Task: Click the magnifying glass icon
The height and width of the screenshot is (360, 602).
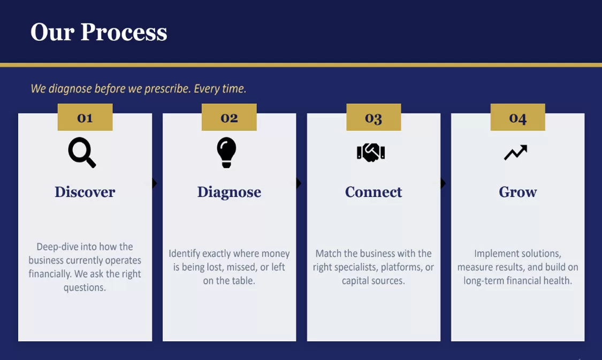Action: pyautogui.click(x=81, y=152)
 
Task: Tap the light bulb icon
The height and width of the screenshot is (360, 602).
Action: pyautogui.click(x=226, y=152)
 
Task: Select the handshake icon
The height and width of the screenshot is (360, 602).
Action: pyautogui.click(x=371, y=152)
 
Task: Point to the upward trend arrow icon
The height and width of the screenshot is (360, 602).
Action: pyautogui.click(x=516, y=152)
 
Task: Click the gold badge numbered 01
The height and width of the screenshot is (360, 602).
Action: pyautogui.click(x=85, y=117)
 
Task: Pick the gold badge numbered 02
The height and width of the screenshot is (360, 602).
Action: pyautogui.click(x=229, y=117)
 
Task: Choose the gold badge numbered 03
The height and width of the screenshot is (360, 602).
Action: pyautogui.click(x=374, y=117)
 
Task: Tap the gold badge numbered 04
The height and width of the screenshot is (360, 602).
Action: pyautogui.click(x=517, y=117)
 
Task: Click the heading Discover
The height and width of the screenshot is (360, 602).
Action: pyautogui.click(x=85, y=192)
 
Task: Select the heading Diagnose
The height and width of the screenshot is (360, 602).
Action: pyautogui.click(x=229, y=192)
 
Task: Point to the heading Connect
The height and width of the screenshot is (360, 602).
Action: pyautogui.click(x=374, y=192)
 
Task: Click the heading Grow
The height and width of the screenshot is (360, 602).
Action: pyautogui.click(x=518, y=192)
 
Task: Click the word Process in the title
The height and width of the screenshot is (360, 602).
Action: pyautogui.click(x=124, y=32)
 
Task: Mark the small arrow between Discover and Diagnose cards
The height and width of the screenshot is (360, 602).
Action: pyautogui.click(x=154, y=183)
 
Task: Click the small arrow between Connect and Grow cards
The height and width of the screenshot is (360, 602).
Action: pyautogui.click(x=443, y=183)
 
